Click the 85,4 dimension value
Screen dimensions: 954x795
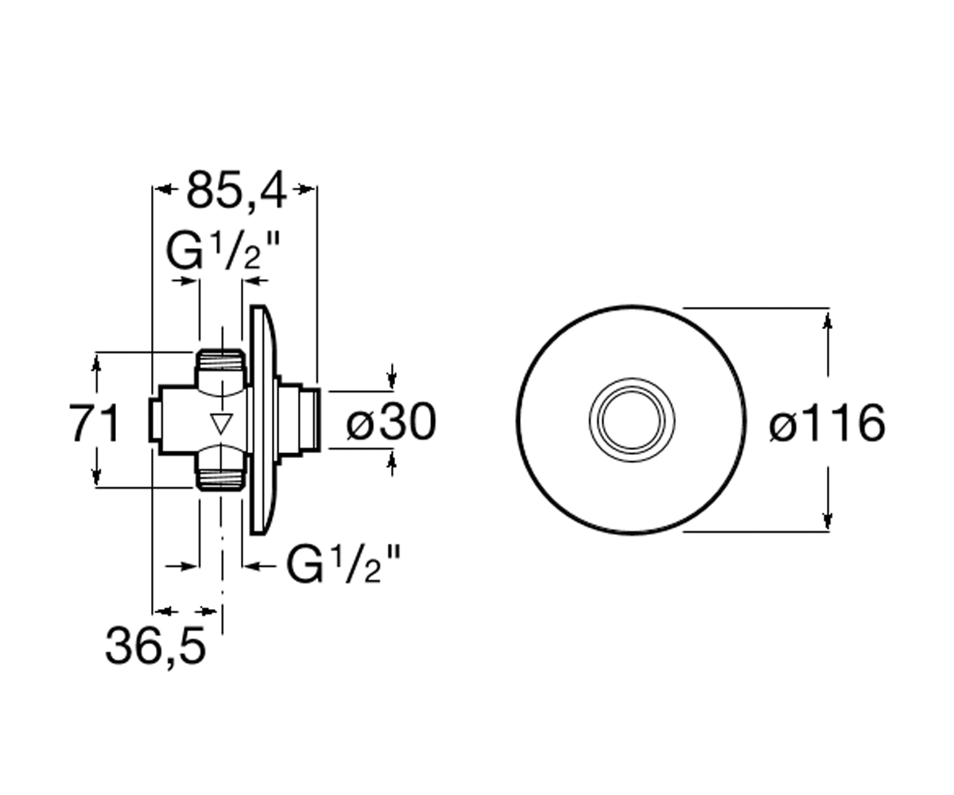coord(237,191)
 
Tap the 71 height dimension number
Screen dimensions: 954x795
coord(95,423)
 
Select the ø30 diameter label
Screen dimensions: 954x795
coord(391,423)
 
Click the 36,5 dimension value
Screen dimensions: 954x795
coord(156,647)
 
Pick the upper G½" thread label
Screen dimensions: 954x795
coord(223,250)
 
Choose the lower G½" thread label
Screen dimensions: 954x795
coord(343,564)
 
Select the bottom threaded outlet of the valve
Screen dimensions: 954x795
coord(221,467)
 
